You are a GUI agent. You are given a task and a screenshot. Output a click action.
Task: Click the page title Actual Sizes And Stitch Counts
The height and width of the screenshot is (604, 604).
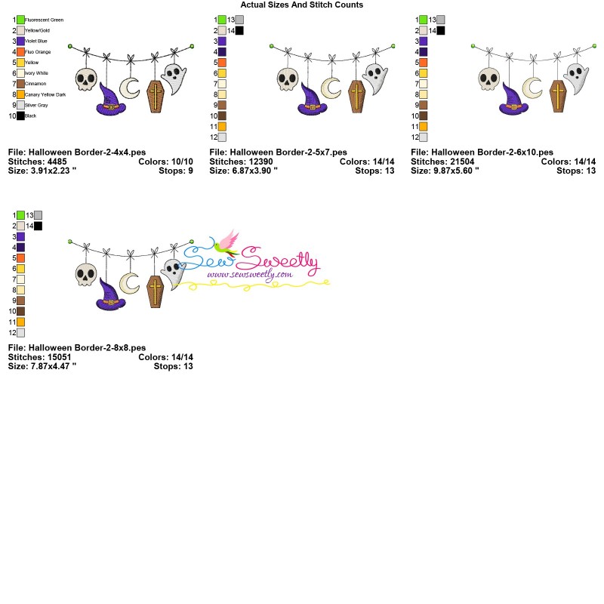[x=302, y=5]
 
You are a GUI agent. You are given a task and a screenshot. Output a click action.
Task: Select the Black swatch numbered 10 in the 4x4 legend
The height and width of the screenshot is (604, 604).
[x=20, y=116]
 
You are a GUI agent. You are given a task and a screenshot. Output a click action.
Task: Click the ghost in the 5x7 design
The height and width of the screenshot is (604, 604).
[x=375, y=76]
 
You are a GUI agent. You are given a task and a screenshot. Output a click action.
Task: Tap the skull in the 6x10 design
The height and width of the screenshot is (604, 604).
[x=490, y=79]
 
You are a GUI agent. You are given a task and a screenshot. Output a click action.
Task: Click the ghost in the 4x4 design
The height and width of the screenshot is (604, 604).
[x=174, y=76]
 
